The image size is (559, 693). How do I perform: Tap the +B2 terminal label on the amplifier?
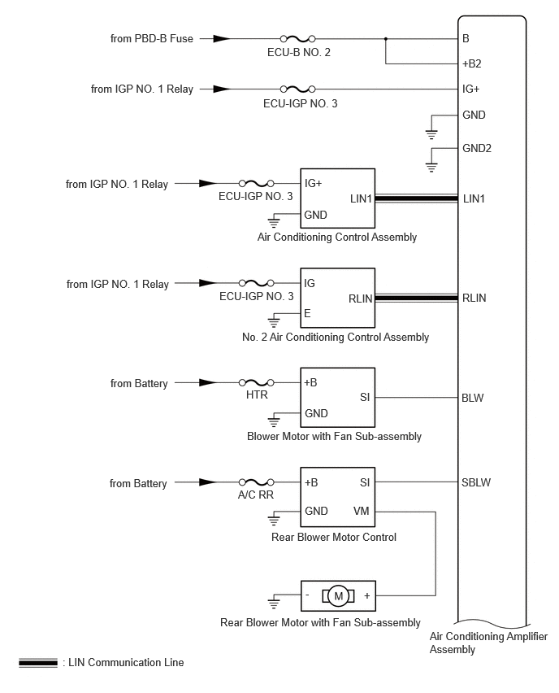point(471,63)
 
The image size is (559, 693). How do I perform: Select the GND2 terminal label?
point(477,148)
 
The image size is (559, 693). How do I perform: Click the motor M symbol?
point(338,596)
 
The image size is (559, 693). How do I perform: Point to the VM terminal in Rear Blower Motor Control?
point(362,511)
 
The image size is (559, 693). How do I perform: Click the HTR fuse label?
point(257,394)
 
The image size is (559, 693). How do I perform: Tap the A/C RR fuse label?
point(256,495)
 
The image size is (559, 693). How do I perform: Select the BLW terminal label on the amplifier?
point(472,398)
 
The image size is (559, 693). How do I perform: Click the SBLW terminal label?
point(476,482)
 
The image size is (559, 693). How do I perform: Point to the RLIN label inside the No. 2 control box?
point(360,299)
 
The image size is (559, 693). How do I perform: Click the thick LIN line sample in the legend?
point(38,663)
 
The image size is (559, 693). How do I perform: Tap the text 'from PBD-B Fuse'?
point(151,38)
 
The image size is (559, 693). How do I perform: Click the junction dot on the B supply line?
point(385,39)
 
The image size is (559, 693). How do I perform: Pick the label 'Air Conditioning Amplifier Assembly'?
point(488,643)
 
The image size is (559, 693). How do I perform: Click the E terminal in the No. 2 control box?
point(307,313)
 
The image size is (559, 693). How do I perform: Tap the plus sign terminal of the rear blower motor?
point(367,595)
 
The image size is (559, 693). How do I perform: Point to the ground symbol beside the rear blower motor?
point(274,603)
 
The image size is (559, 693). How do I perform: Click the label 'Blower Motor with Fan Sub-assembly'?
point(334,436)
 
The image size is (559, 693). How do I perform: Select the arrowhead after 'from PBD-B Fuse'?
point(222,39)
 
